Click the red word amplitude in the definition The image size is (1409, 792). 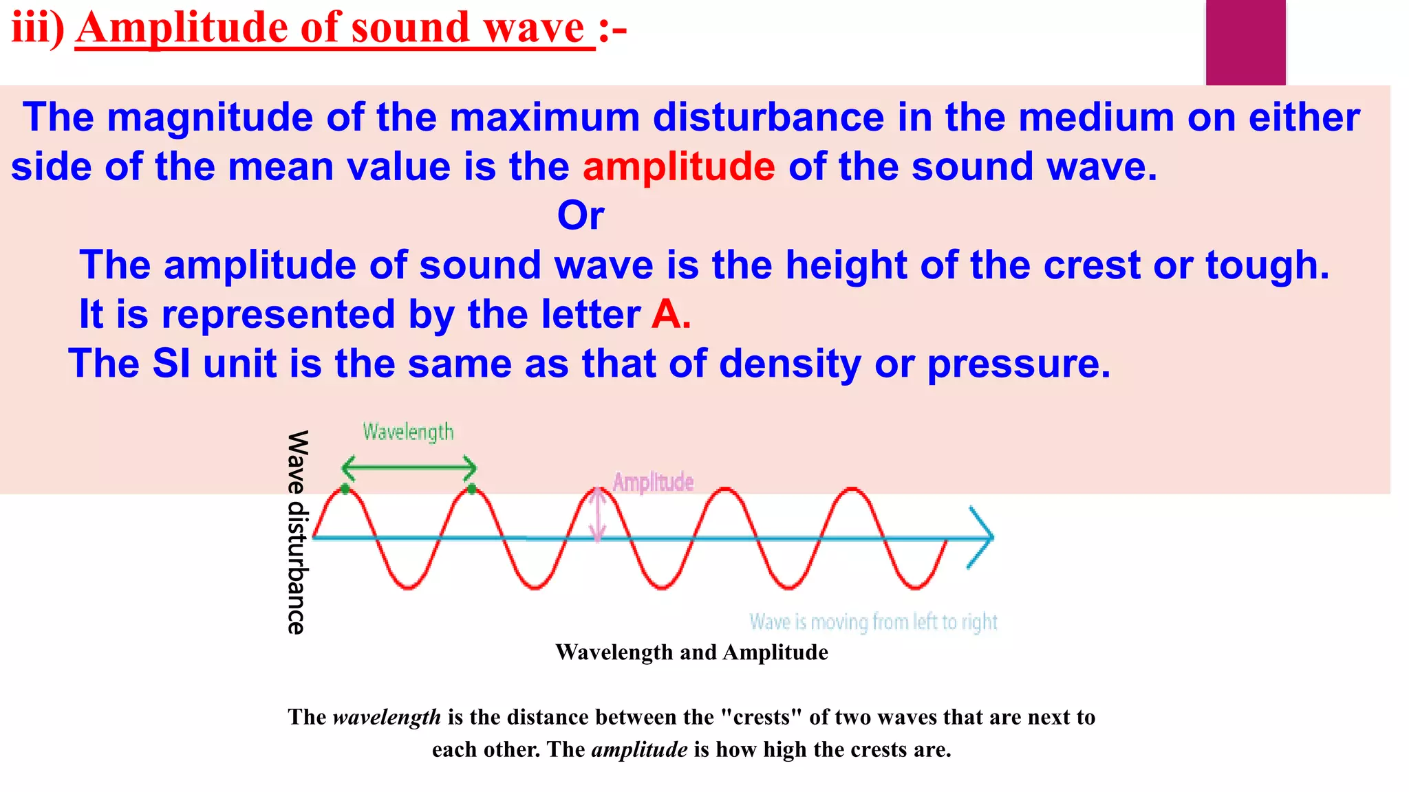tap(678, 167)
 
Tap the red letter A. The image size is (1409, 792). tap(665, 315)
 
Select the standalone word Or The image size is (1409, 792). tap(581, 216)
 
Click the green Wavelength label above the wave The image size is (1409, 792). tap(408, 432)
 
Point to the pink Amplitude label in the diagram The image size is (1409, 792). tap(653, 482)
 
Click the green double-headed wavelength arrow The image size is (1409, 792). tap(409, 468)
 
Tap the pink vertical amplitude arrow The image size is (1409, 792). tap(598, 514)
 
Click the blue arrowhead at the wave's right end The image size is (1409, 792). tap(982, 538)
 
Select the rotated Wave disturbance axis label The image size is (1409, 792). tap(297, 532)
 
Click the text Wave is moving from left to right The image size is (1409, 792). tap(873, 622)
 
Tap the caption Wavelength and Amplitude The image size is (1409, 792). tap(691, 652)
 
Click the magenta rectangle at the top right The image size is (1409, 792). tap(1245, 41)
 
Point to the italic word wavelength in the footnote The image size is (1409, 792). tap(387, 717)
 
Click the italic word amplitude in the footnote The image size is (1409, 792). tap(639, 749)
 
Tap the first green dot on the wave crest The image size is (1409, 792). tap(345, 489)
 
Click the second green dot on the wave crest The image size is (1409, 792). tap(471, 489)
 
